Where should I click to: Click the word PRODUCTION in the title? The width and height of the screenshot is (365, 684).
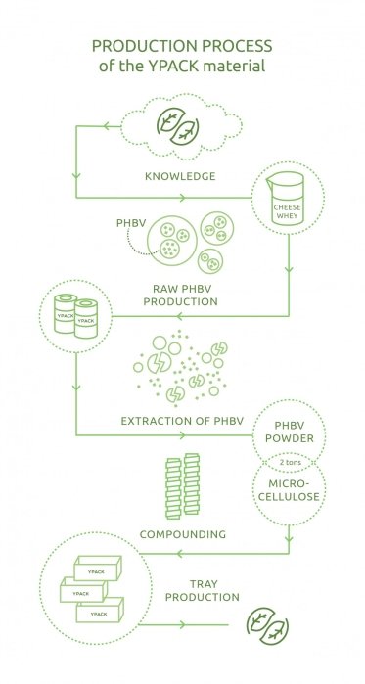tap(141, 46)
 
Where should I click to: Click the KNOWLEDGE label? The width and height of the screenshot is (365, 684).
tap(180, 176)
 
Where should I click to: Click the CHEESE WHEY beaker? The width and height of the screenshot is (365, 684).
tap(287, 199)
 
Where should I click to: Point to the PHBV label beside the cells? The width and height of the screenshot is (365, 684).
tap(130, 223)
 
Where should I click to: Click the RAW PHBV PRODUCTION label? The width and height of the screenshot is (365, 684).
tap(180, 295)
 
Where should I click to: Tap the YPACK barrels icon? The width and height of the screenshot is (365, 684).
tap(75, 315)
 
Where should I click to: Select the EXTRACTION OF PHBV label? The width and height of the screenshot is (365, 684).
tap(182, 421)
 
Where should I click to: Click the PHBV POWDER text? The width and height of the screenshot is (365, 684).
tap(289, 432)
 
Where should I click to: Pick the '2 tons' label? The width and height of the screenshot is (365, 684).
tap(289, 463)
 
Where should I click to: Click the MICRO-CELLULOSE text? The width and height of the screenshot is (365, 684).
tap(289, 490)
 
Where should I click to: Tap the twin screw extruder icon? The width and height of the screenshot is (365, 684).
tap(183, 485)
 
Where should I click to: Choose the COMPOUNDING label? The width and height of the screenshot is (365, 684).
tap(183, 534)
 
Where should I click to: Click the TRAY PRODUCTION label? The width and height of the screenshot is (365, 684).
tap(203, 591)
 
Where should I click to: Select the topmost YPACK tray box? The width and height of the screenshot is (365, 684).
tap(97, 568)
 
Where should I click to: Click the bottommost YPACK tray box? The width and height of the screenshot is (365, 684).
tap(100, 610)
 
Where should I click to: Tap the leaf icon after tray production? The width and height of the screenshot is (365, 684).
tap(267, 625)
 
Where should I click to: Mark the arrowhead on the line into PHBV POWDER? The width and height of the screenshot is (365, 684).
tap(182, 434)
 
